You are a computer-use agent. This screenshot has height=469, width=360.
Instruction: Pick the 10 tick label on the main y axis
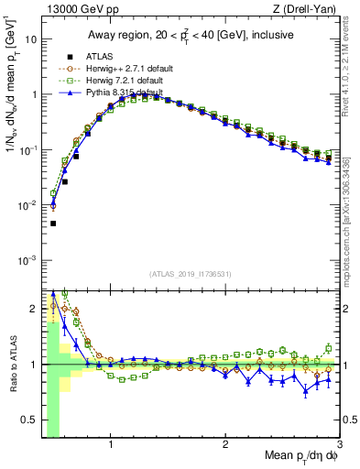click(x=30, y=40)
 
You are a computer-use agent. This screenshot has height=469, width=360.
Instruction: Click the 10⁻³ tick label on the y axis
click(x=27, y=260)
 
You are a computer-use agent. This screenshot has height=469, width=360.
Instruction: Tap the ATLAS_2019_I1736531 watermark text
click(x=190, y=274)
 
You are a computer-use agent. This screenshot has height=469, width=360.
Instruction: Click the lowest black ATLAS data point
click(x=53, y=224)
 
